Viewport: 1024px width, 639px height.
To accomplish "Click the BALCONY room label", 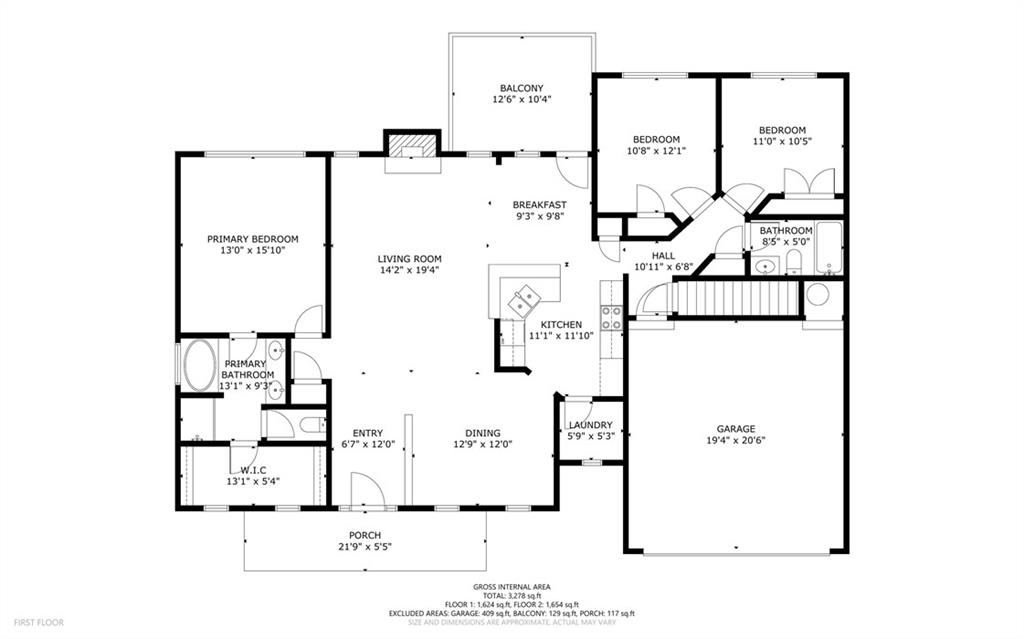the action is tap(521, 88).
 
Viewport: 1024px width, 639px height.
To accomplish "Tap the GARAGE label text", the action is tap(736, 429).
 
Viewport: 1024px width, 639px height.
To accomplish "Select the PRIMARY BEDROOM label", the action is tap(253, 239).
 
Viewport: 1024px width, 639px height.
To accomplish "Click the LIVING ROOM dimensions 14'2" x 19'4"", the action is tap(409, 269).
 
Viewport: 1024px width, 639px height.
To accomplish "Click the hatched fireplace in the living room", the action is tap(411, 144).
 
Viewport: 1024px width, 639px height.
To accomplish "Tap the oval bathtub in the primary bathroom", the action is tap(200, 365).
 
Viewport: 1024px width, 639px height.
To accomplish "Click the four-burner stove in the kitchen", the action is tap(611, 318).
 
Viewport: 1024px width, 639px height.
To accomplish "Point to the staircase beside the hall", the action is tap(737, 297).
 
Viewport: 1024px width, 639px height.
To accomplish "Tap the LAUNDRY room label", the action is tap(590, 425).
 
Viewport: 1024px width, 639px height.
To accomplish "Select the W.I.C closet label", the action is tap(253, 470).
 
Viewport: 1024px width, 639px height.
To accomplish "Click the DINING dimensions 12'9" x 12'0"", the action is tap(483, 444).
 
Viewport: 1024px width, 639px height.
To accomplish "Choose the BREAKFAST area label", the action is tap(539, 205).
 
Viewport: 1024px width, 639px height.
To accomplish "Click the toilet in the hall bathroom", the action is tap(793, 263).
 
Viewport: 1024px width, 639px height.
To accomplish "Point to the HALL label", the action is tap(664, 255).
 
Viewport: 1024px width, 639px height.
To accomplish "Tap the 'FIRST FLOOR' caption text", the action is tap(39, 623).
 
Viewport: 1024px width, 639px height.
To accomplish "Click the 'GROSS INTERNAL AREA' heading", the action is tap(512, 587).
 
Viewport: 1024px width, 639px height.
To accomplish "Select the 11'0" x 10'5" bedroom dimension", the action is tap(782, 140).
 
